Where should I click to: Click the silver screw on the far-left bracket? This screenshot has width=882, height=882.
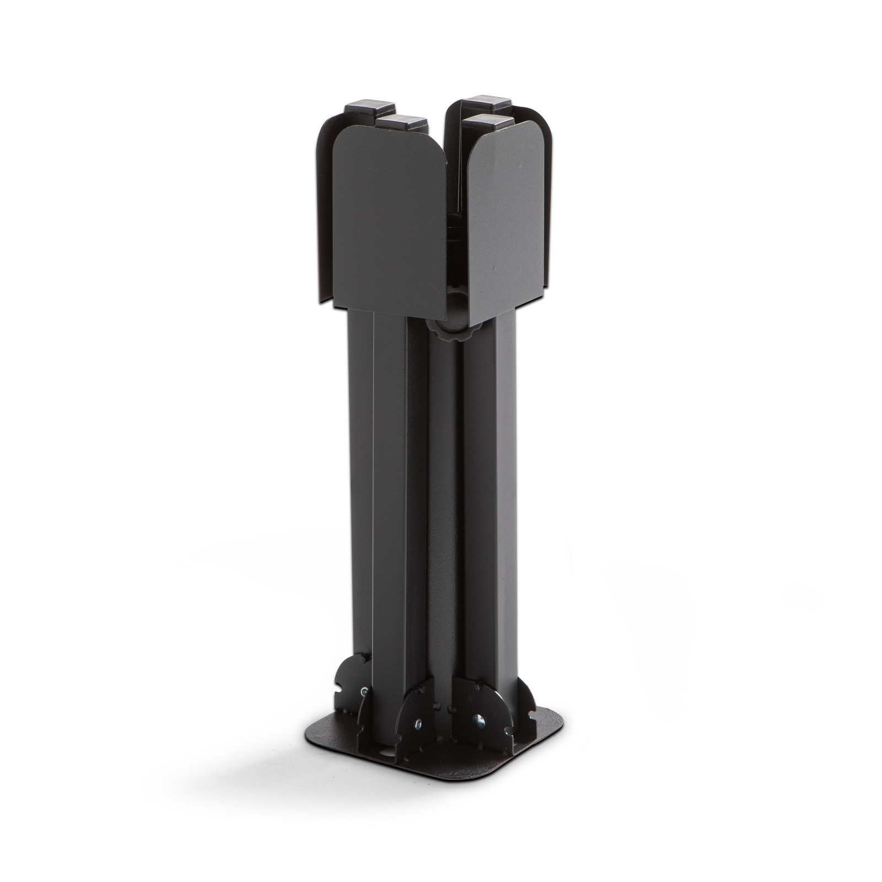pyautogui.click(x=364, y=691)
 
